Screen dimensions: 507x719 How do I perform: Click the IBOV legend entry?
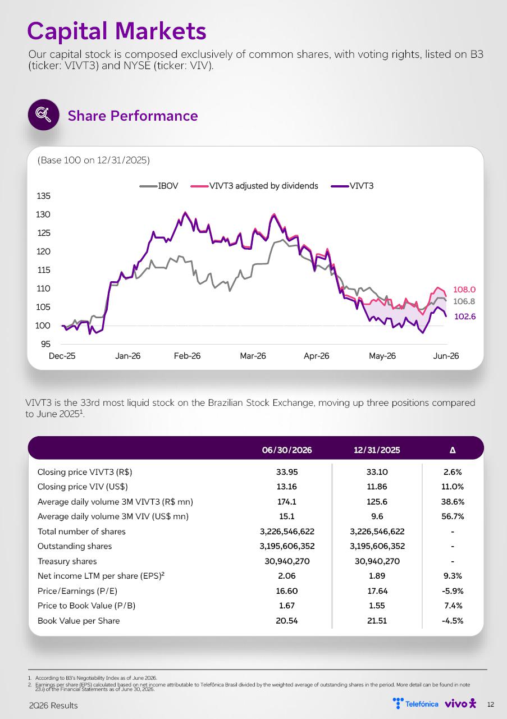tap(159, 186)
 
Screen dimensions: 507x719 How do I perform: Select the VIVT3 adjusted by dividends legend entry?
tap(254, 186)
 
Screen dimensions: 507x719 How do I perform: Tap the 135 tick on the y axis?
tap(44, 196)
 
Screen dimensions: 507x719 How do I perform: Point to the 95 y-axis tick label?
tap(45, 344)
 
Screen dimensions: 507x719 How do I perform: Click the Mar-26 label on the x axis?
tap(253, 356)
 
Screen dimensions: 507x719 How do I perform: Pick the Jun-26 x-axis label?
tap(446, 356)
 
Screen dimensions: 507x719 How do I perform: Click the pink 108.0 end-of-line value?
tap(464, 290)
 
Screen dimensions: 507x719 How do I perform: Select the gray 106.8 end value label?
tap(464, 301)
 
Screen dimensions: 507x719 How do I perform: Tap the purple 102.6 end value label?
tap(465, 317)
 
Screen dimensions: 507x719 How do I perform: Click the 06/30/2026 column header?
tap(287, 450)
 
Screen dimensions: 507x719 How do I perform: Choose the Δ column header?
tap(453, 450)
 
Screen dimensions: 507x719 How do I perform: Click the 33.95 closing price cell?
tap(287, 472)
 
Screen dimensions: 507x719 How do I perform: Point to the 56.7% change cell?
tap(453, 516)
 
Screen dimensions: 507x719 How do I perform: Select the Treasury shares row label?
tap(67, 561)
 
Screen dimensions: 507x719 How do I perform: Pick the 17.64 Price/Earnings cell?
tap(377, 591)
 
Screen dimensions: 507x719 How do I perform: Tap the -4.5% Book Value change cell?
tap(453, 621)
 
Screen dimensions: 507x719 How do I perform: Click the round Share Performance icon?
tap(44, 115)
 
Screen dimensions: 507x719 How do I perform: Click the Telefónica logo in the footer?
tap(415, 704)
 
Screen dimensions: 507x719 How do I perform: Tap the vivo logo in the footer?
tap(460, 704)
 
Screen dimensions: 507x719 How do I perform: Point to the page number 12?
tap(491, 704)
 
